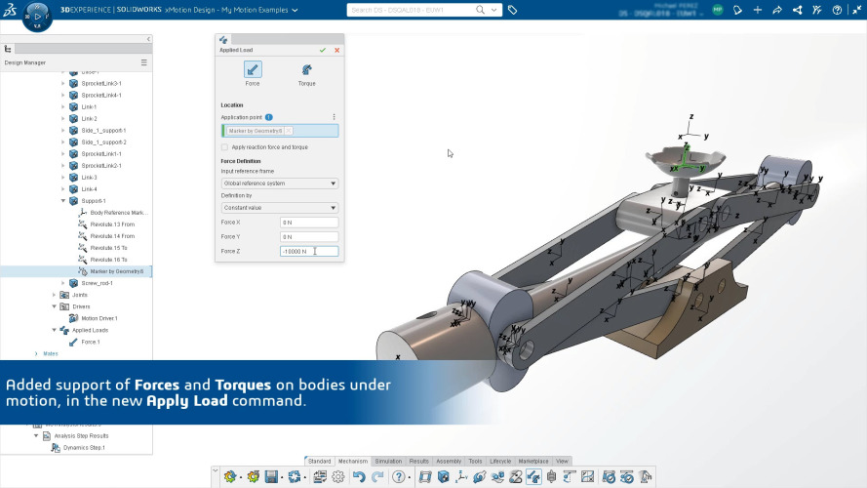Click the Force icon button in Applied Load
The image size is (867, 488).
253,70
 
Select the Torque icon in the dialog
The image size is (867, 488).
306,70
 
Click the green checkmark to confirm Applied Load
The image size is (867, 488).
323,50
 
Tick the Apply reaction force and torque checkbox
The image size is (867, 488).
224,146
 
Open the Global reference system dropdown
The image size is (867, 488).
280,183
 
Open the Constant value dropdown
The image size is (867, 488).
280,207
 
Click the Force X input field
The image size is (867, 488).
308,223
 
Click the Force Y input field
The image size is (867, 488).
308,237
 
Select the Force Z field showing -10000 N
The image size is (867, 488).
308,252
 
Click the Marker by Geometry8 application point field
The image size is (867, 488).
280,131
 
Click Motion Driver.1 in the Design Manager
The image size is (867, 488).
99,318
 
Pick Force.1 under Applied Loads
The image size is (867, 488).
91,342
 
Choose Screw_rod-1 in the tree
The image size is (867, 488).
98,283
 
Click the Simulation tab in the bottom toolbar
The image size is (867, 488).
388,461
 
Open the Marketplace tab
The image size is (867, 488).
532,461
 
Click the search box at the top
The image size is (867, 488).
419,10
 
